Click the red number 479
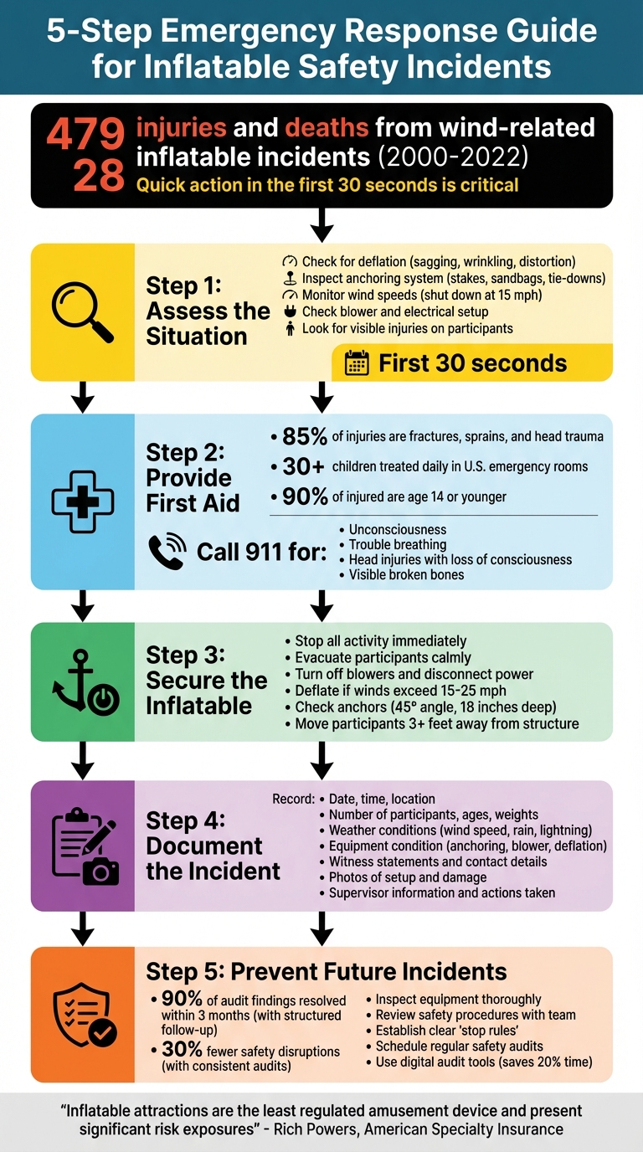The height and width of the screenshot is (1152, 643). click(x=85, y=134)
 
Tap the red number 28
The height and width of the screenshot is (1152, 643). click(x=98, y=176)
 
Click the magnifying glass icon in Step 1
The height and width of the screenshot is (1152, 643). click(x=82, y=312)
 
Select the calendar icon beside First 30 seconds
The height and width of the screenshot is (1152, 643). click(x=357, y=363)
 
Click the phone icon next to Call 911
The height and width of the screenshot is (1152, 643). click(x=166, y=551)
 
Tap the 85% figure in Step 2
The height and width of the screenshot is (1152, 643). click(x=304, y=436)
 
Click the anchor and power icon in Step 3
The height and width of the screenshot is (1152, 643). click(x=82, y=681)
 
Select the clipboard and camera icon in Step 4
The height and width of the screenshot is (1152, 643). click(x=84, y=846)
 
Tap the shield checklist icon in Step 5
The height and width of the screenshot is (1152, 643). click(x=84, y=1015)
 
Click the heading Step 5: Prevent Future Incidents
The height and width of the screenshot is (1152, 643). click(x=327, y=971)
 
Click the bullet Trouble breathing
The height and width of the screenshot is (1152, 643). click(x=397, y=544)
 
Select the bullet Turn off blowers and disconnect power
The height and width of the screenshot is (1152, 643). click(x=414, y=674)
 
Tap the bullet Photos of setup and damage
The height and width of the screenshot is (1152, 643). click(x=407, y=877)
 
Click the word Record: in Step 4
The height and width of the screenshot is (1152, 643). click(x=293, y=799)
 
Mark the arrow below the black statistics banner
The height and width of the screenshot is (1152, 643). click(x=321, y=225)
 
